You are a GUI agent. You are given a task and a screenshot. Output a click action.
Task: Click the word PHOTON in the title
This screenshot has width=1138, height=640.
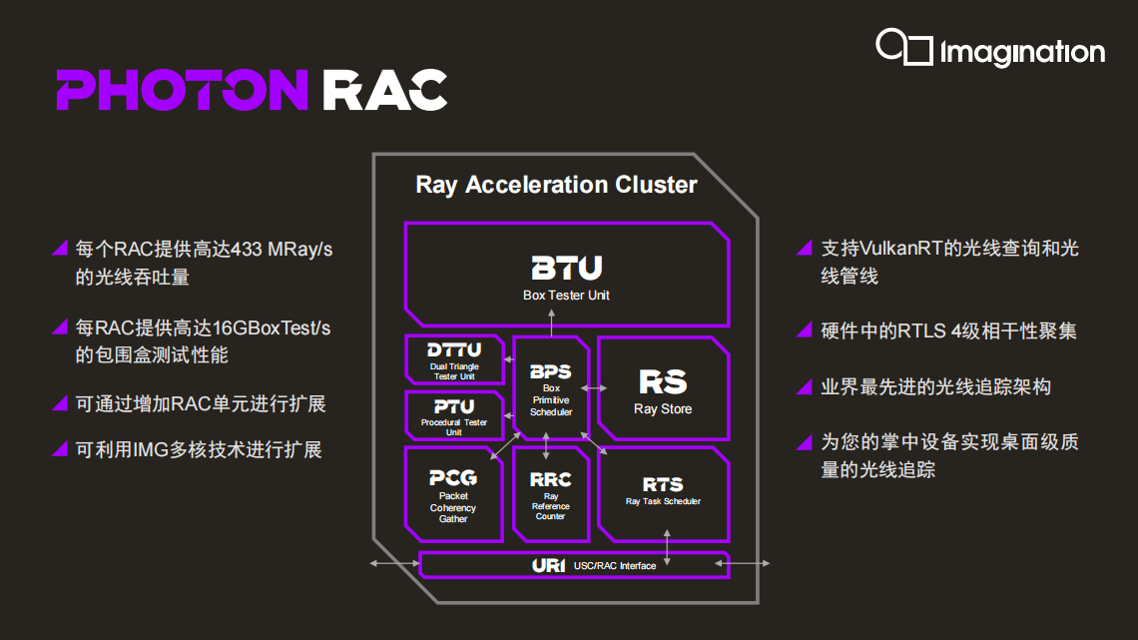click(182, 90)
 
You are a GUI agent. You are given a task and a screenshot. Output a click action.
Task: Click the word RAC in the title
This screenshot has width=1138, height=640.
click(384, 90)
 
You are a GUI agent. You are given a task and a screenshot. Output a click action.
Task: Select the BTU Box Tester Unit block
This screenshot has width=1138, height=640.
click(567, 275)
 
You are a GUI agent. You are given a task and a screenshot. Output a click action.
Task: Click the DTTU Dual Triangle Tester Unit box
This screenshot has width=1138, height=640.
click(454, 359)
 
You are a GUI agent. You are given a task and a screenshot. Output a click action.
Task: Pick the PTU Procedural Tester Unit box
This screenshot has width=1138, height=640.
click(454, 415)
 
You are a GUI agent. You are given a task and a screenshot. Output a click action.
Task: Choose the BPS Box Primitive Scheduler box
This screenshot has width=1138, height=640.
click(551, 388)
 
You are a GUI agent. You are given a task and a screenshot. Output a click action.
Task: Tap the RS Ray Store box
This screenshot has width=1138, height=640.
click(664, 388)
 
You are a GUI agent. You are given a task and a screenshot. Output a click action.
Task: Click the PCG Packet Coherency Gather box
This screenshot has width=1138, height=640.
click(453, 494)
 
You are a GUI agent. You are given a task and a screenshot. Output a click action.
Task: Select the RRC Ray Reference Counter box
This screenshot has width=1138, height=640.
click(551, 494)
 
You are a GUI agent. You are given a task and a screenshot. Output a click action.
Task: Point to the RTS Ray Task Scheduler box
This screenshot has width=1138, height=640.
click(664, 494)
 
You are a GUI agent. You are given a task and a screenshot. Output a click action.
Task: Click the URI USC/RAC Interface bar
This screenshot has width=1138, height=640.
click(574, 565)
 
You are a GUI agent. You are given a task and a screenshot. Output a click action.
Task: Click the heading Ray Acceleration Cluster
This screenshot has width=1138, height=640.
click(557, 185)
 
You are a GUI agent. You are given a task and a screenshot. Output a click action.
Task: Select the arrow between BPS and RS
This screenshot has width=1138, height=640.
click(594, 388)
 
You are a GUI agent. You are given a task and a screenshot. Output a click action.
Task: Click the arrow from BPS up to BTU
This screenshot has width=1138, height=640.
click(552, 322)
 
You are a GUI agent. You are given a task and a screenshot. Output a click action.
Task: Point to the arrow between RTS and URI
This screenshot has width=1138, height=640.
click(667, 548)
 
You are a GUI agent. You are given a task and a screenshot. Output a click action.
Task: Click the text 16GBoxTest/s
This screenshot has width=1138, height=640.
click(272, 327)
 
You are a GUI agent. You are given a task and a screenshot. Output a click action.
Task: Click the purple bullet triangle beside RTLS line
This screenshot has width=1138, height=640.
click(805, 330)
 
